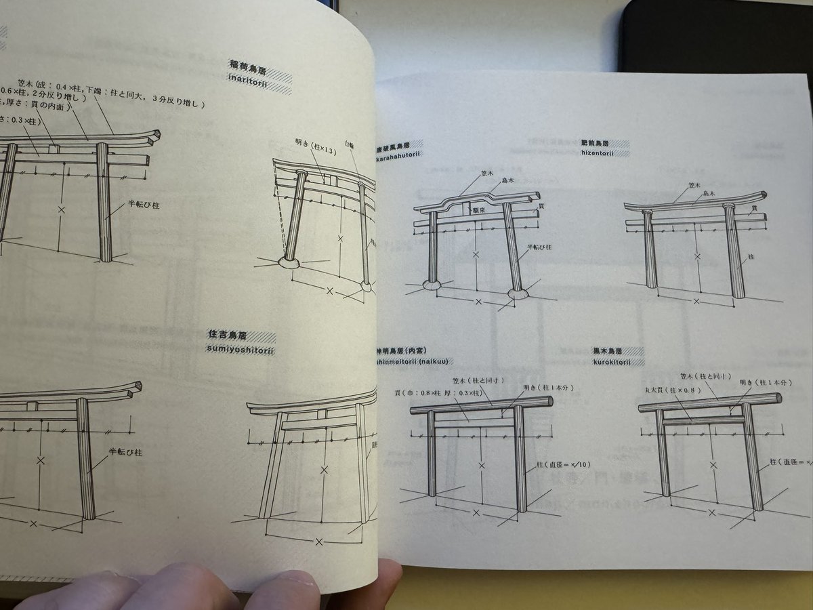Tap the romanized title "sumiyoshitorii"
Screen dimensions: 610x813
[241, 349]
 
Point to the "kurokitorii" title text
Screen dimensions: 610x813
[602, 362]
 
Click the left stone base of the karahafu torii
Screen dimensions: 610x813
[431, 285]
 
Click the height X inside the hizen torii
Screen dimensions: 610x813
[697, 258]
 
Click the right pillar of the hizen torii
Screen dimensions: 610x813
[734, 251]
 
